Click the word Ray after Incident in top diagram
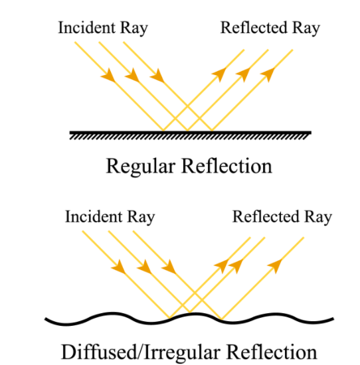[133, 28]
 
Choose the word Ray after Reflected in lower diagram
[317, 217]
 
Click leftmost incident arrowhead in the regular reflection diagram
[108, 77]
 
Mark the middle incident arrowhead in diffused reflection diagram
[144, 267]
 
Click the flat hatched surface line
[190, 133]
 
